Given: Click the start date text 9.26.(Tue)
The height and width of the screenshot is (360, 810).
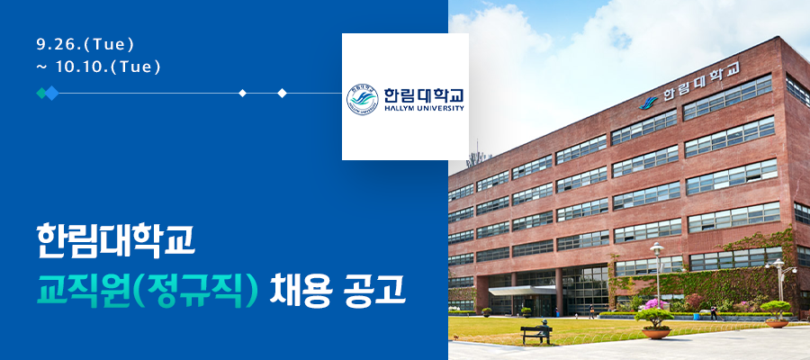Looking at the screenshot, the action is pos(85,45).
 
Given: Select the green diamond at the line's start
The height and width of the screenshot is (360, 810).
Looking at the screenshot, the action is pos(41,93).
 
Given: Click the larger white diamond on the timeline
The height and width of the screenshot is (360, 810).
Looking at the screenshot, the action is pos(282,93).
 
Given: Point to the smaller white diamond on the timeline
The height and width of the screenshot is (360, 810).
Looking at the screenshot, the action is pos(242,93).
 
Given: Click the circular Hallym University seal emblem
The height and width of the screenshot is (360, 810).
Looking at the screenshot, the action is pos(362,99).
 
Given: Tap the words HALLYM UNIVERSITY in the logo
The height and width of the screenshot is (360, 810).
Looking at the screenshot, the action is pos(424,109).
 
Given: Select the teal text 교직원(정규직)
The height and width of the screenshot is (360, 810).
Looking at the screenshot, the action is pos(147,292).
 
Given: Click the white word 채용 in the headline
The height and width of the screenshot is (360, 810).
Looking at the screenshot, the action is pos(301,292).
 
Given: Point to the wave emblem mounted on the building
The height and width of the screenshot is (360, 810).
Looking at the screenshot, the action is pos(648,103).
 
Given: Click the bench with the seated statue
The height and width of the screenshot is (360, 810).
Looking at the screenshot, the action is pos(536,333).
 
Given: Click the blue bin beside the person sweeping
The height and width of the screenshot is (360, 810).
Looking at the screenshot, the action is pos(697,316).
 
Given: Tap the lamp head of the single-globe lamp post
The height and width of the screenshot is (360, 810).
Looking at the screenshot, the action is pos(657,248).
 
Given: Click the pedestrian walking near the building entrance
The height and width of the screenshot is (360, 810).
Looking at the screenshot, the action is pos(591,311).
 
